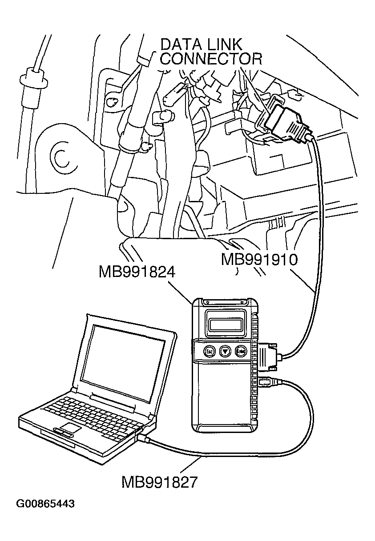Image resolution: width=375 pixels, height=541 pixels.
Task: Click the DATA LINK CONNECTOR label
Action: tap(210, 52)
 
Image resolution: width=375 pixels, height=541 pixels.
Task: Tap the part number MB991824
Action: tap(137, 271)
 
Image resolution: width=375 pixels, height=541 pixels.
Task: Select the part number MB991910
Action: tap(259, 260)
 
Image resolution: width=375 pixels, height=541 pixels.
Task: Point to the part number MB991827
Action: tap(159, 482)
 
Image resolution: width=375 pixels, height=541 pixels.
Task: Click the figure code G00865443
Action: tap(45, 504)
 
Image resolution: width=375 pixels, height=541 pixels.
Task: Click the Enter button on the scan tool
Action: tap(241, 351)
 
